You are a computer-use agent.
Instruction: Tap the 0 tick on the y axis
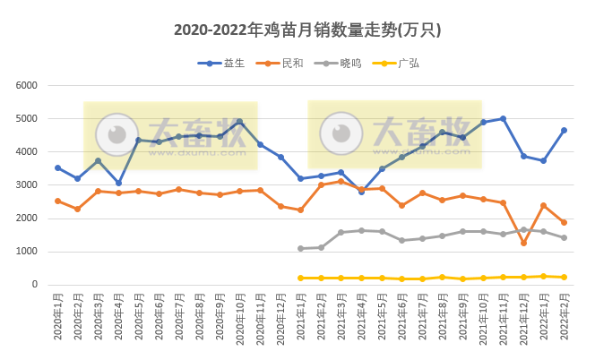coord(34,285)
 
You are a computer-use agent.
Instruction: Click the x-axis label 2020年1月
coord(57,318)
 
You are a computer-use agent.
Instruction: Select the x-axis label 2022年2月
coord(564,318)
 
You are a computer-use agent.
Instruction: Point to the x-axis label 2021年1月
coord(301,318)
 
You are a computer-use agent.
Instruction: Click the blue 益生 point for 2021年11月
coord(503,118)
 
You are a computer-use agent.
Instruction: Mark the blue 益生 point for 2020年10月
coord(239,122)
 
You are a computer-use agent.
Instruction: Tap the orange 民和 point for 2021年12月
coord(523,243)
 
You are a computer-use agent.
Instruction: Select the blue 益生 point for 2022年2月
coord(564,130)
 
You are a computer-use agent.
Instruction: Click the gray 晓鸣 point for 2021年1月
coord(300,248)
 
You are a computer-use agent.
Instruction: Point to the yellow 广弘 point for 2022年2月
coord(564,277)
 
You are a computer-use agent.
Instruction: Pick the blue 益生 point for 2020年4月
coord(118,183)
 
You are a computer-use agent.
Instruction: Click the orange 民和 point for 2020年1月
coord(57,201)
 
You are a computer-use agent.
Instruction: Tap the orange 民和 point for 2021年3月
coord(341,181)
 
